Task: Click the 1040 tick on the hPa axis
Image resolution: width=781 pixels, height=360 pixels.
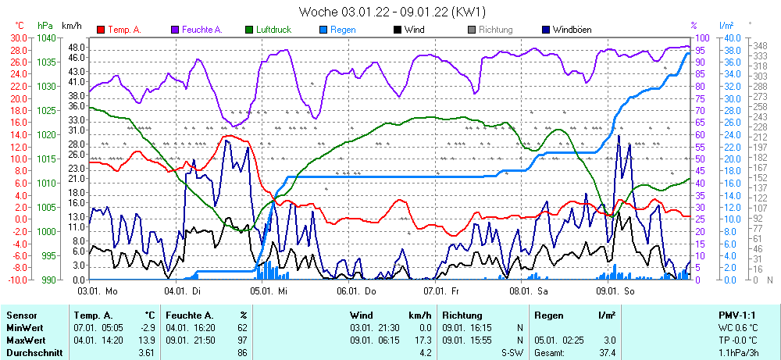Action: (x=46, y=37)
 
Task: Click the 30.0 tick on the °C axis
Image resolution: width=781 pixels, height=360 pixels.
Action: (x=18, y=37)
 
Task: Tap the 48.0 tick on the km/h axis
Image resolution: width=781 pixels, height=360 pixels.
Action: (x=75, y=47)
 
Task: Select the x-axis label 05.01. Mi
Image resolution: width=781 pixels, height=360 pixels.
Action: (x=269, y=290)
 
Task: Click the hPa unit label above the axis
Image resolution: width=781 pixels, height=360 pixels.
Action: (x=46, y=26)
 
